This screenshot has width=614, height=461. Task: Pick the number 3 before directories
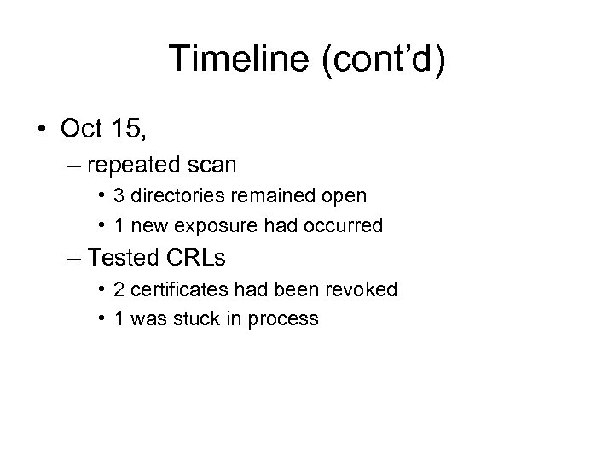click(119, 195)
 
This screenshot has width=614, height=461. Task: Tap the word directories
click(171, 195)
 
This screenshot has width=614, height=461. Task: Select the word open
click(345, 195)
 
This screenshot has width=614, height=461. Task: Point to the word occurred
click(349, 225)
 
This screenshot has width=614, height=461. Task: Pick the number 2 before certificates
click(119, 289)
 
